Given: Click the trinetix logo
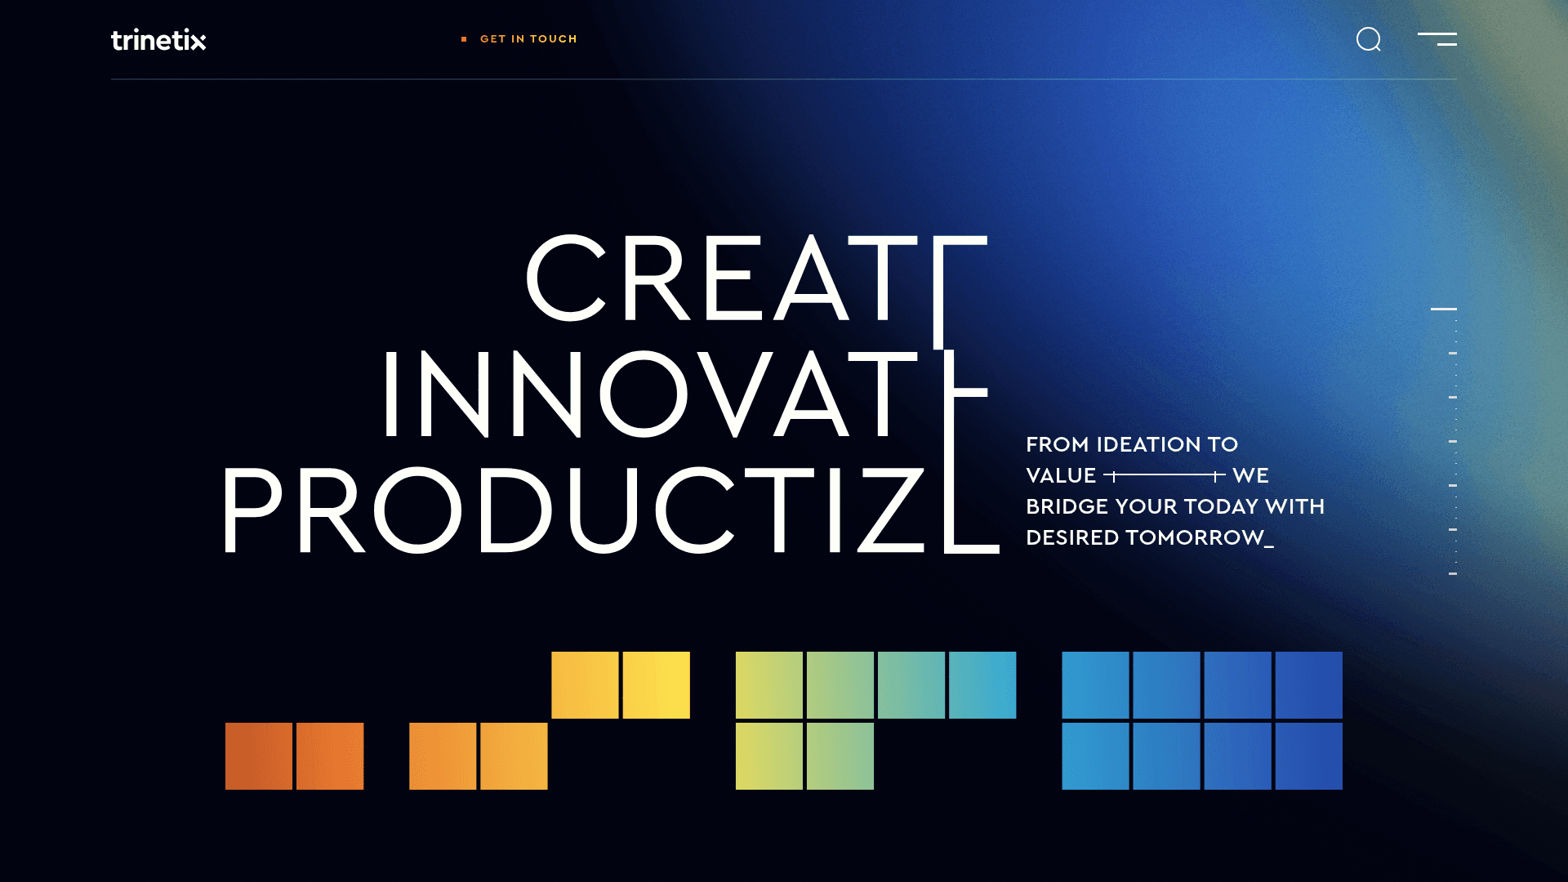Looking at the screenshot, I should (158, 40).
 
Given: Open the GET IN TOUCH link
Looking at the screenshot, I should (528, 39).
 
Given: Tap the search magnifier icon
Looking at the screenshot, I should (1368, 39).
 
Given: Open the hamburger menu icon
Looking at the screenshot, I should (1437, 39).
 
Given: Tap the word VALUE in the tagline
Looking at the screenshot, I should (1060, 476).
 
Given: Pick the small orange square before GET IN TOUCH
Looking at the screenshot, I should (464, 39).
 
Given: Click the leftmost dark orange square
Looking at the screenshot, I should (259, 756).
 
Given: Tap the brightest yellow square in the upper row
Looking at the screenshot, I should (657, 685).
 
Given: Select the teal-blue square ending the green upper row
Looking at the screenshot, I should (982, 685).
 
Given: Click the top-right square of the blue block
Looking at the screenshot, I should (1309, 685).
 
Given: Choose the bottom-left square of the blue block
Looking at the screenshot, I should (1095, 756).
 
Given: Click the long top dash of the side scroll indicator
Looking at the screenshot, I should (1443, 309).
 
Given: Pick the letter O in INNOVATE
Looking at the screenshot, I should (644, 394).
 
